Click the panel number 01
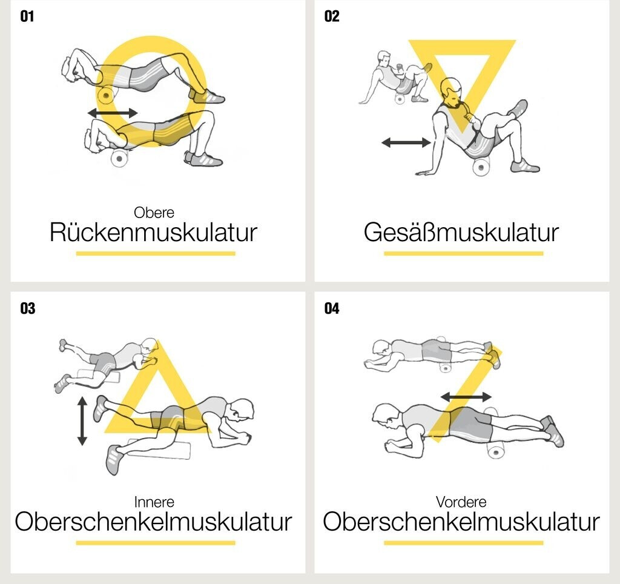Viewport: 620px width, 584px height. coord(27,16)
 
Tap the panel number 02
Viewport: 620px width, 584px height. coord(332,16)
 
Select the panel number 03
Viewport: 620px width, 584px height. coord(28,308)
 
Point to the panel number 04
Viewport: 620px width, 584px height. coord(332,308)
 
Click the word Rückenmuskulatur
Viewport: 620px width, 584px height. coord(153,232)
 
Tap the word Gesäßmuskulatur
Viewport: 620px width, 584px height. coord(461,232)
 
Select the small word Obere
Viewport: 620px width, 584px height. coord(154,213)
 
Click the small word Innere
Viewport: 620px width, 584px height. coord(154,502)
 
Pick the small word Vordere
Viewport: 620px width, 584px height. coord(461,502)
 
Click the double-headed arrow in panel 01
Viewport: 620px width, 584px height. coord(113,113)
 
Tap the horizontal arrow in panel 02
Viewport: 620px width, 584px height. coord(406,142)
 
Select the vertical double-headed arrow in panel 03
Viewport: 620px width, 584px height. coord(82,422)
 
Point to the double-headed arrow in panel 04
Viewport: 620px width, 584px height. coord(466,396)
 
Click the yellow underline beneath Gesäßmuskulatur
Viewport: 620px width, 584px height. coord(463,253)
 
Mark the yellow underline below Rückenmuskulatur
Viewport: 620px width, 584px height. coord(156,253)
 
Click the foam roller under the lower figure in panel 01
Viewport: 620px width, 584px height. coord(119,159)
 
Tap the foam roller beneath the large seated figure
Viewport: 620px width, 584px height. coord(481,167)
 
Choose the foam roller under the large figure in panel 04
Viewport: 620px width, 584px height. coord(496,450)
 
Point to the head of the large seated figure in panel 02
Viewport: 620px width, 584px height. coord(452,92)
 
